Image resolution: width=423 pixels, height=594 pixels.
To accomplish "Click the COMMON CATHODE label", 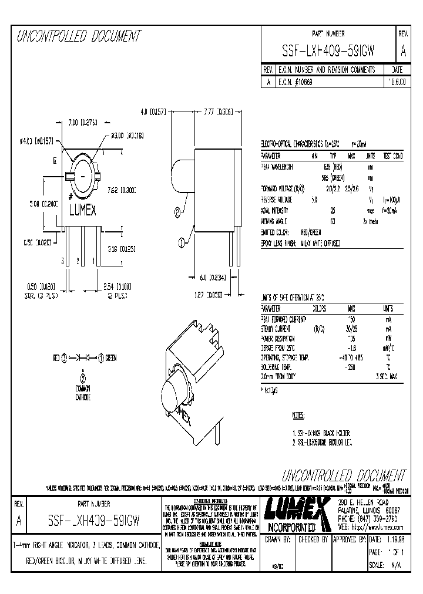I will [83, 393].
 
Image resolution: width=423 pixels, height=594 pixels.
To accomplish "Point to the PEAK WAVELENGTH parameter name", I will [280, 166].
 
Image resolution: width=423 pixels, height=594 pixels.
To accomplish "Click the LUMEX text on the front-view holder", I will [83, 210].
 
